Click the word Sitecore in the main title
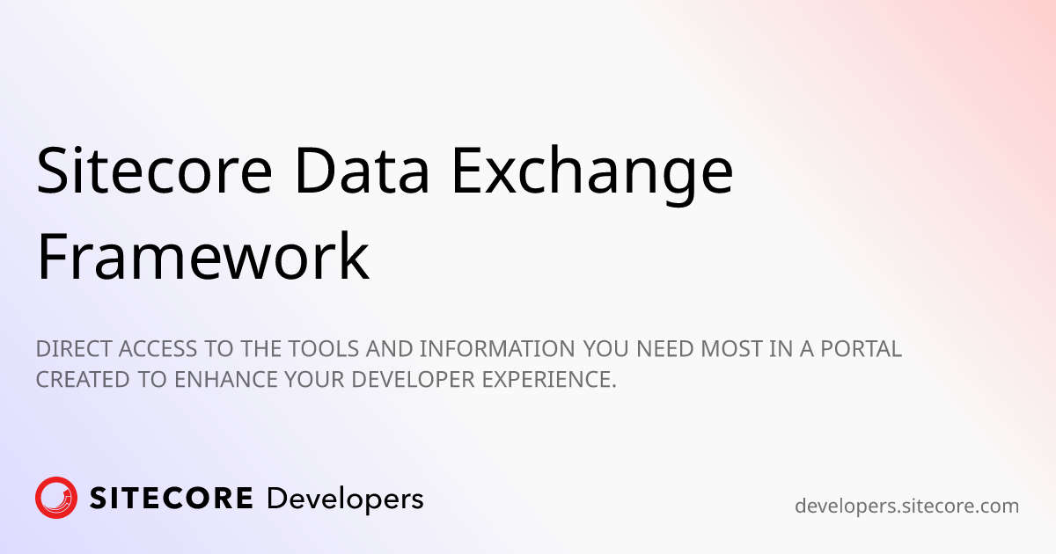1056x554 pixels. pyautogui.click(x=154, y=170)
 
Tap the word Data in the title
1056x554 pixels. pyautogui.click(x=362, y=170)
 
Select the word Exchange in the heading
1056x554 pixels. pyautogui.click(x=592, y=174)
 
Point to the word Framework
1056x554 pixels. pyautogui.click(x=202, y=256)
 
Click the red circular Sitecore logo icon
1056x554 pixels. pyautogui.click(x=56, y=498)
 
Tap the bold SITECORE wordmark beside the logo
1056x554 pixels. pyautogui.click(x=171, y=498)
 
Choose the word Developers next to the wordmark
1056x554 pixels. pyautogui.click(x=345, y=499)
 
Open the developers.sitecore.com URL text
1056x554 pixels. pyautogui.click(x=906, y=506)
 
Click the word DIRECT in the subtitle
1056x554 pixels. pyautogui.click(x=74, y=349)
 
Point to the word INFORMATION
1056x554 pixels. pyautogui.click(x=497, y=349)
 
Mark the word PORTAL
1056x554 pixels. pyautogui.click(x=862, y=349)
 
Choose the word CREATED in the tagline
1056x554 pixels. pyautogui.click(x=83, y=380)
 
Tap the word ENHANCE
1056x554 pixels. pyautogui.click(x=226, y=380)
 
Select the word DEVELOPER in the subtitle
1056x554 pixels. pyautogui.click(x=413, y=380)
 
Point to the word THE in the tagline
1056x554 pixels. pyautogui.click(x=261, y=349)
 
